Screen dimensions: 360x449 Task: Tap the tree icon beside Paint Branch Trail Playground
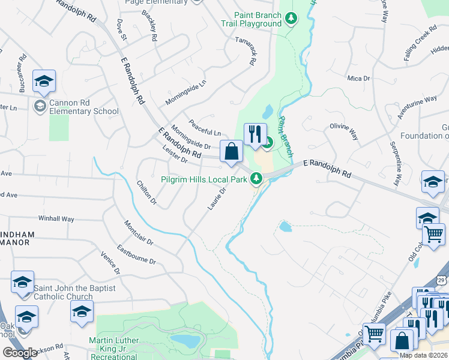point(291,19)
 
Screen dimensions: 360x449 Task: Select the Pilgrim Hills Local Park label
point(203,178)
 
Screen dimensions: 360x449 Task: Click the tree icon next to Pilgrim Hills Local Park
point(256,178)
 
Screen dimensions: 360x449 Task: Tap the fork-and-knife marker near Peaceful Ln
point(255,134)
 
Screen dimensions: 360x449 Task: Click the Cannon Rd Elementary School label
point(83,107)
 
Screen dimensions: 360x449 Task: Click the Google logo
point(20,353)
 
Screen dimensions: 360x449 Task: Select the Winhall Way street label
point(56,219)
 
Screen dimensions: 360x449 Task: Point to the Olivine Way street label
point(343,131)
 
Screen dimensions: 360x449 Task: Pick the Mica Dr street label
point(358,78)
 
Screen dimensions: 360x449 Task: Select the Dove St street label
point(122,28)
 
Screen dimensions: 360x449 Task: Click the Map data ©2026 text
point(424,355)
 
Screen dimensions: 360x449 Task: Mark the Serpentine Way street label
point(394,164)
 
